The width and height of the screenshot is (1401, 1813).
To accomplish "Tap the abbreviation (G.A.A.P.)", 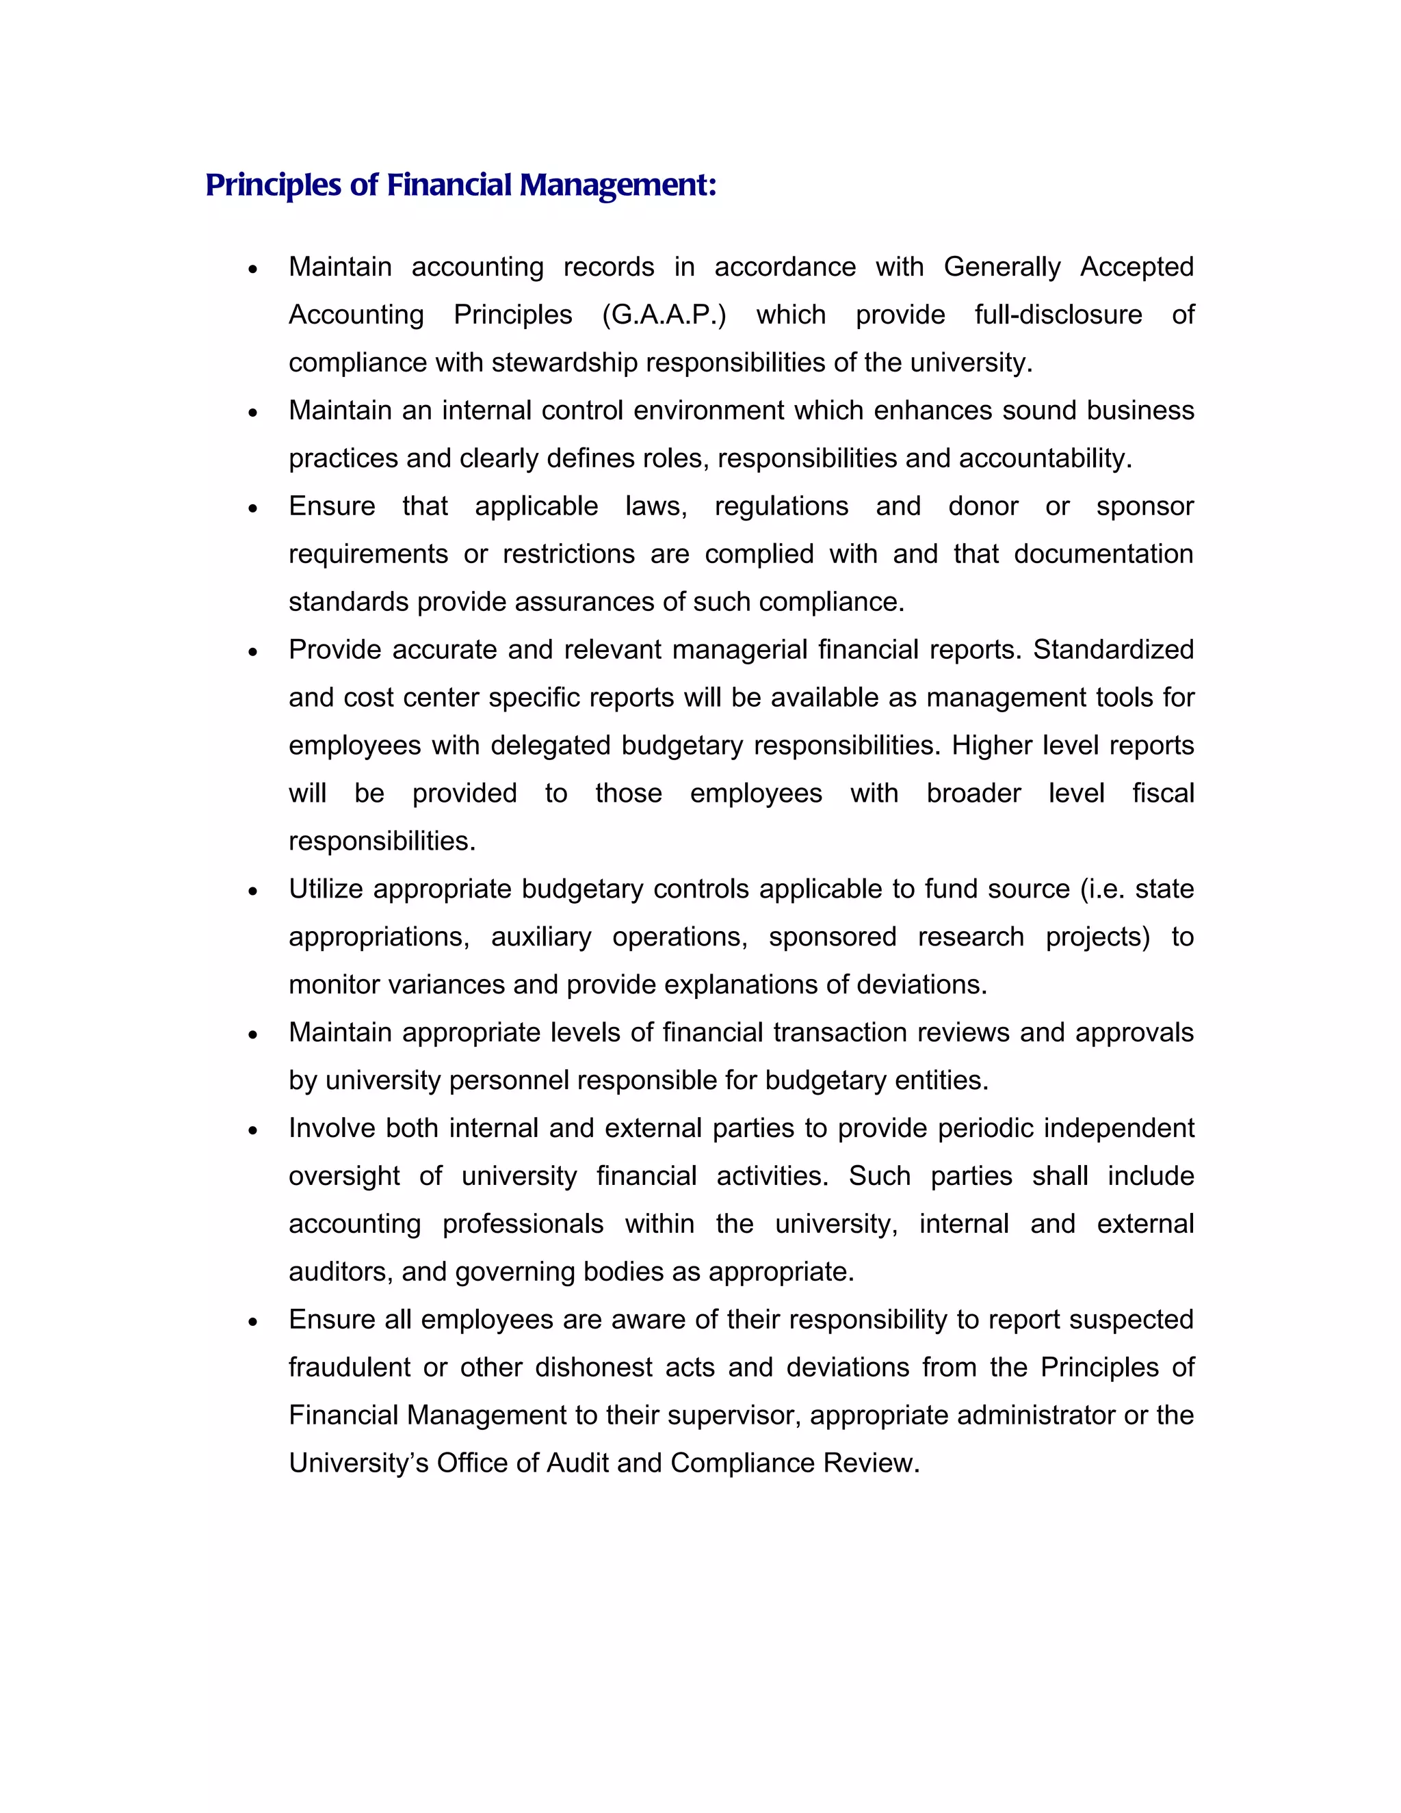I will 664,315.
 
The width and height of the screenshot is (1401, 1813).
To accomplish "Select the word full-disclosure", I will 1058,315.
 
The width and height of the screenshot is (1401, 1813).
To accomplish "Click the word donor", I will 983,506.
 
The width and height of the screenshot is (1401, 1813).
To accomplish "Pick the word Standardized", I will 1113,650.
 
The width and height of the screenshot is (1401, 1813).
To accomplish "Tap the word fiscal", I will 1163,794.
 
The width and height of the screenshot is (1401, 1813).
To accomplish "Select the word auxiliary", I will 540,937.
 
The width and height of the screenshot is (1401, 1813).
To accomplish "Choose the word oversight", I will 343,1176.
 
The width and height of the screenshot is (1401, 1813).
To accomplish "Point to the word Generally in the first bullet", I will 1001,268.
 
